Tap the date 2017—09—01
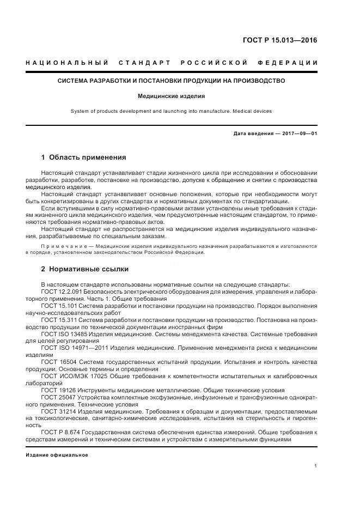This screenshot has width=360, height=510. point(298,133)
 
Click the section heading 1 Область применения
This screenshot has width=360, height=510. point(83,157)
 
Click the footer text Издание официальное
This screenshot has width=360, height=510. point(57,454)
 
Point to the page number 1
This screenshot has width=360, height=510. point(316,466)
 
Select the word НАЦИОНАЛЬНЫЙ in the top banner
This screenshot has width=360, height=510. point(67,63)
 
